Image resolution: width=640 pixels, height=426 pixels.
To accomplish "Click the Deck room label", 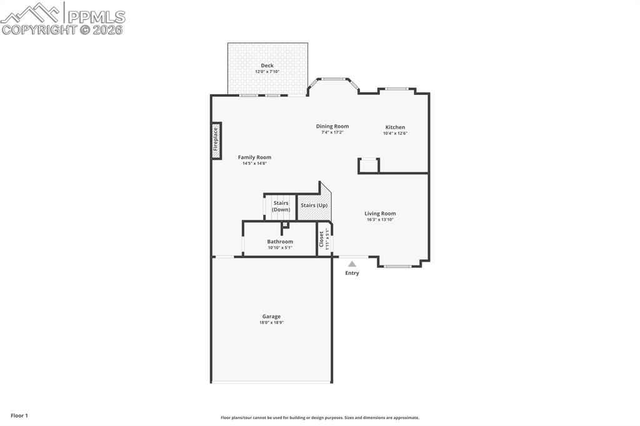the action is (x=267, y=66).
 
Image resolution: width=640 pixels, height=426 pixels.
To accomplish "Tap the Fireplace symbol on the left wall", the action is (x=216, y=141).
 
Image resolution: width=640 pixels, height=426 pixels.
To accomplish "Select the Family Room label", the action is (x=254, y=157).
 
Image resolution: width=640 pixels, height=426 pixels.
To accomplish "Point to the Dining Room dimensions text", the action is (x=332, y=132).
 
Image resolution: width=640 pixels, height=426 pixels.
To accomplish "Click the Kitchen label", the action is (x=395, y=127).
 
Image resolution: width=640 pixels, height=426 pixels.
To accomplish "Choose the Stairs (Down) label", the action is (x=281, y=206).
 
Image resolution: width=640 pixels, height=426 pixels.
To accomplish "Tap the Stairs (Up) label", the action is (x=314, y=206).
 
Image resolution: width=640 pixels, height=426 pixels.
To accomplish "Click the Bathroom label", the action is (x=280, y=242).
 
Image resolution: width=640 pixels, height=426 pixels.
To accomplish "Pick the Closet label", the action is (x=321, y=239).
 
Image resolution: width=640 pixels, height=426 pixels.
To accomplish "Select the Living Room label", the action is (x=380, y=214).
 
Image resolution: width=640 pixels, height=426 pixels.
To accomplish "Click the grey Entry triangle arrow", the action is (x=352, y=264).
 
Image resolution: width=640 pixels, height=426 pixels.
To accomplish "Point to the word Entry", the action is (x=352, y=273).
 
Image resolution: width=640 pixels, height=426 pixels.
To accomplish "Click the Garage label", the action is (x=271, y=316).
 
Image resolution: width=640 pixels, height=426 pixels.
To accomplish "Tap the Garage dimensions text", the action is (x=271, y=322).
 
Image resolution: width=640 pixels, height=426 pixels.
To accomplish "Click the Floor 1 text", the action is (x=19, y=415).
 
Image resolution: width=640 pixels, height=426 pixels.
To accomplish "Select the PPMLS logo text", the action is (x=96, y=17).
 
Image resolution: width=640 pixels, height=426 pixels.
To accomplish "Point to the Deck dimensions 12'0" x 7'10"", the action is (x=267, y=71).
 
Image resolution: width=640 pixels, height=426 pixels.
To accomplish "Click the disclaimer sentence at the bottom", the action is (x=320, y=417).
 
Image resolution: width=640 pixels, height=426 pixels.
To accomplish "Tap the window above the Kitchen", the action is (x=397, y=89).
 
